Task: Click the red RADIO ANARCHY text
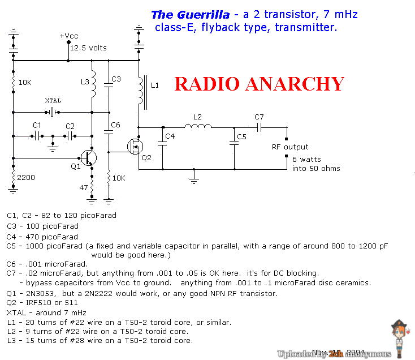pyautogui.click(x=259, y=84)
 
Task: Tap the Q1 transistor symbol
pyautogui.click(x=87, y=157)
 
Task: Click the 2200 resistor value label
pyautogui.click(x=26, y=178)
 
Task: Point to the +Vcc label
pyautogui.click(x=68, y=36)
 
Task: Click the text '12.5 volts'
pyautogui.click(x=88, y=48)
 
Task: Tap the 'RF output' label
pyautogui.click(x=290, y=147)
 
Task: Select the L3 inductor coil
pyautogui.click(x=93, y=82)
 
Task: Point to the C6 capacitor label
pyautogui.click(x=115, y=125)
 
